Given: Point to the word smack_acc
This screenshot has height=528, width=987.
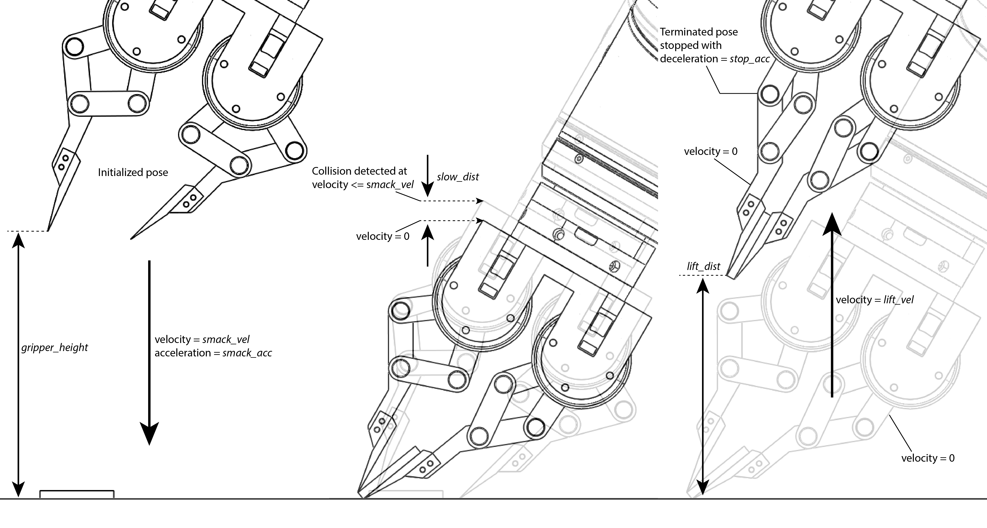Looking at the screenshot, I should click(x=247, y=353).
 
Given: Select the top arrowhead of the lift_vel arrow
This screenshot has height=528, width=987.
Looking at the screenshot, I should click(x=832, y=224).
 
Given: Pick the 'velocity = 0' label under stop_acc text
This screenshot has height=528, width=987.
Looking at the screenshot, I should click(x=710, y=151).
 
